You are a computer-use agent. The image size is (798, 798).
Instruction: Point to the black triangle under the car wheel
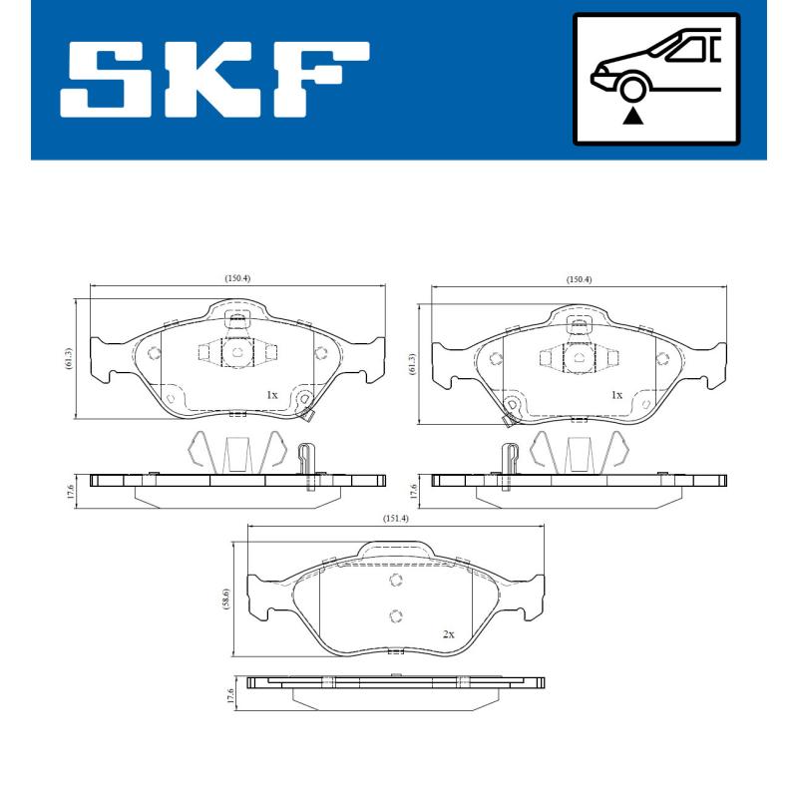[631, 117]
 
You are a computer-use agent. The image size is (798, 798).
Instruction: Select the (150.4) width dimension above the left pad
[237, 278]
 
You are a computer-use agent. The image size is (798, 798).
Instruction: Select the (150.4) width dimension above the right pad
[579, 279]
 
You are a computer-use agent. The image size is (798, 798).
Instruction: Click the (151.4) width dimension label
[396, 518]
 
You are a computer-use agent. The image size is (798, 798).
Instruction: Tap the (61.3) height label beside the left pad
[67, 358]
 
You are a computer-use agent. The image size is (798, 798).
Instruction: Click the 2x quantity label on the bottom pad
[448, 634]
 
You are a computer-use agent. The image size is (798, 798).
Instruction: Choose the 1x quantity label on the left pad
[271, 395]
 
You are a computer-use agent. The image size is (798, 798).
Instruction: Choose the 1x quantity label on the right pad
[616, 395]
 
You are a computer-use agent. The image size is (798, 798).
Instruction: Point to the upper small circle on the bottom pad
[396, 582]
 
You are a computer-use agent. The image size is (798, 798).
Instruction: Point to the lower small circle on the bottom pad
[396, 614]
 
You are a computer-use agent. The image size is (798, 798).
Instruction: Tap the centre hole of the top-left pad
[237, 351]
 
